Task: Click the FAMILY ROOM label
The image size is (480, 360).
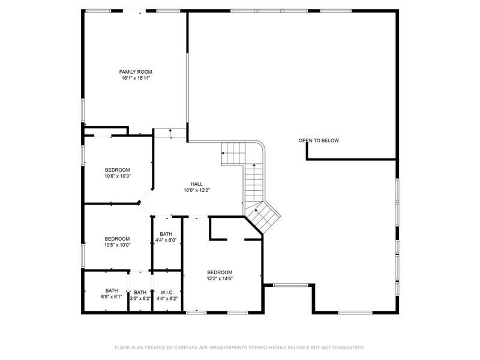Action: coord(136,72)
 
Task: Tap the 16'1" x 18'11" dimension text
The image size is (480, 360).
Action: coord(136,79)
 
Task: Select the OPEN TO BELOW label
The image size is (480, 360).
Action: coord(319,140)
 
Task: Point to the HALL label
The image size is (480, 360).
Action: coord(197,184)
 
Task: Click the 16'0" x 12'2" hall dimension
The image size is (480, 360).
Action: coord(197,190)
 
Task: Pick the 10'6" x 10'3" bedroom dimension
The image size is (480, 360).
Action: coord(118,176)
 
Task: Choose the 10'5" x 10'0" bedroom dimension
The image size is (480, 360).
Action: coord(117,245)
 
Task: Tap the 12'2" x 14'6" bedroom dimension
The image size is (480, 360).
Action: coord(220,278)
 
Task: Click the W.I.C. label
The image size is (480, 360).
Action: coord(167,292)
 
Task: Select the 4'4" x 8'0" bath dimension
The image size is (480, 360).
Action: coord(166,241)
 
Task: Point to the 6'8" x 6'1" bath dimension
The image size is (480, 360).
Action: coord(112,296)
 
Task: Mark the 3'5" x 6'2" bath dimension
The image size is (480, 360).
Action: coord(140,298)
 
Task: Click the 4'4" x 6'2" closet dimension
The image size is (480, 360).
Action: coord(167,298)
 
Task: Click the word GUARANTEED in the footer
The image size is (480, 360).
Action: coord(349,347)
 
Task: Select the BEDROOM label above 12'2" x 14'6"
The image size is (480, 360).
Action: coord(220,272)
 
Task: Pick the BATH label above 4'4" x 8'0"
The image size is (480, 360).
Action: coord(166,234)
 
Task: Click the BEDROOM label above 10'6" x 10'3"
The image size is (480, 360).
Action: coord(118,170)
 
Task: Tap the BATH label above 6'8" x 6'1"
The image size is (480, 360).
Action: coord(112,290)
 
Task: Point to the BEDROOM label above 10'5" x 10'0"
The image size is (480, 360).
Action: coord(117,239)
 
